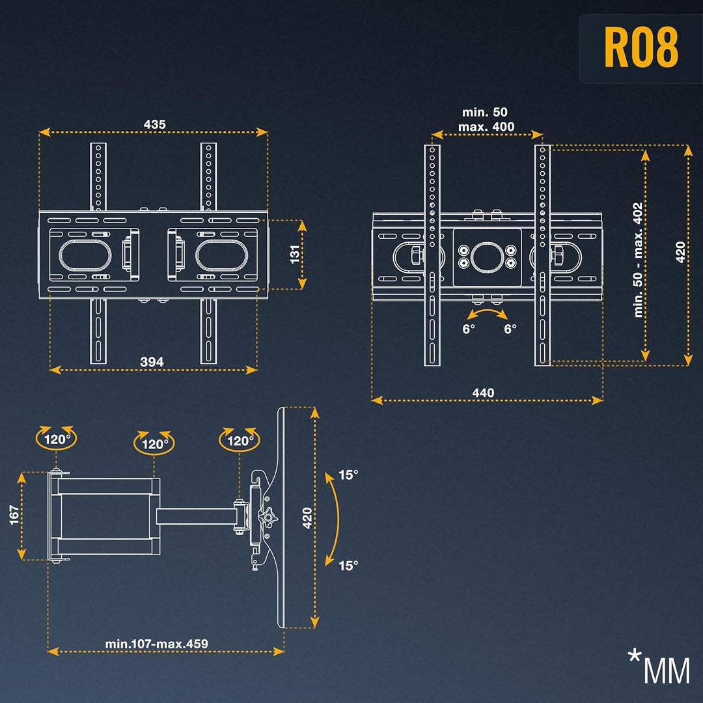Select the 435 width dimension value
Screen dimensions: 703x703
pyautogui.click(x=154, y=124)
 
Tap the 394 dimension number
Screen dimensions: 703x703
pyautogui.click(x=152, y=362)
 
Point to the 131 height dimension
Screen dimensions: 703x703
pyautogui.click(x=294, y=255)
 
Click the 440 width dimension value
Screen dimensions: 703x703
pyautogui.click(x=483, y=393)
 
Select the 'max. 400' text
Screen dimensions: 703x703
pyautogui.click(x=486, y=126)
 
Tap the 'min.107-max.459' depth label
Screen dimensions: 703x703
pyautogui.click(x=157, y=644)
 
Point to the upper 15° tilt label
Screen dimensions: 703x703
pyautogui.click(x=348, y=475)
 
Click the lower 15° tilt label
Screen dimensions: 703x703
pyautogui.click(x=348, y=565)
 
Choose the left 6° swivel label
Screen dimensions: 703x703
pyautogui.click(x=469, y=329)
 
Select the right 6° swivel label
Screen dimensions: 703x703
pyautogui.click(x=510, y=329)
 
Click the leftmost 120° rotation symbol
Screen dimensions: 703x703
pyautogui.click(x=57, y=439)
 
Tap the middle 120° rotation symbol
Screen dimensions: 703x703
pyautogui.click(x=154, y=444)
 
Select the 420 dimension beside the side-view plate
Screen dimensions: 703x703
pyautogui.click(x=308, y=517)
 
